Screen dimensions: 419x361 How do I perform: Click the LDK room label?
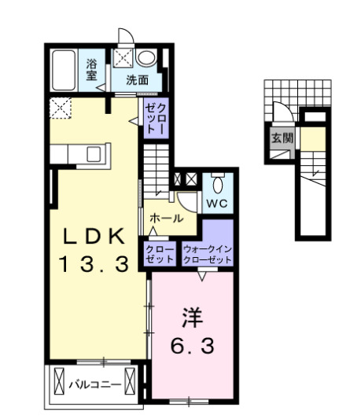tap(93, 236)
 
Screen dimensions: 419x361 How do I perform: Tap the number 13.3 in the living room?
tap(93, 265)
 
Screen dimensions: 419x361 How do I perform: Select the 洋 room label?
tap(192, 318)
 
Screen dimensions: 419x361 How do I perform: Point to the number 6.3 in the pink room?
tap(192, 345)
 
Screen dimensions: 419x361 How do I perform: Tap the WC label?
tap(217, 201)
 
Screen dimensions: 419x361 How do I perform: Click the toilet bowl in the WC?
tap(219, 183)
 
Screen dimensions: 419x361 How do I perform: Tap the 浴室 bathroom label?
tap(92, 70)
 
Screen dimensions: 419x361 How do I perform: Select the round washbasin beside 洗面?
tap(146, 58)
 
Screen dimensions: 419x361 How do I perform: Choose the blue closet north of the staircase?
tap(154, 117)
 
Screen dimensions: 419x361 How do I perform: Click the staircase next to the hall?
tap(157, 173)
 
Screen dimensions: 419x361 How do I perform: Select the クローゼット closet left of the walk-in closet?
tap(160, 253)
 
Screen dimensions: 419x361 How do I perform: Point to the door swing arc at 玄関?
tap(278, 112)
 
